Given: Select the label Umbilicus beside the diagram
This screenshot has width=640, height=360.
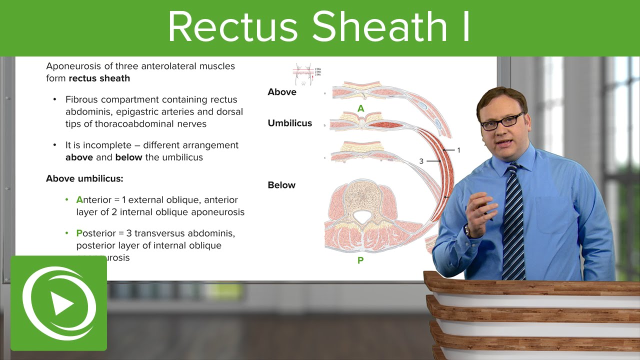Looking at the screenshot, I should click(x=289, y=123).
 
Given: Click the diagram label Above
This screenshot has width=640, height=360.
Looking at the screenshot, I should click(x=282, y=92).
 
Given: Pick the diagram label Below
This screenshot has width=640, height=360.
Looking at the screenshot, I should click(x=281, y=185).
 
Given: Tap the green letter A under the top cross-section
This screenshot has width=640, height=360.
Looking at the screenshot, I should click(x=360, y=108).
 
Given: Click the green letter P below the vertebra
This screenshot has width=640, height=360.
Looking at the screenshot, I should click(x=360, y=260).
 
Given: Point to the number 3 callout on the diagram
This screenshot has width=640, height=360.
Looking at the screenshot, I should click(x=421, y=161).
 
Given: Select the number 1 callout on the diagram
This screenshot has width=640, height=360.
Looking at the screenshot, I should click(x=458, y=150).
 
